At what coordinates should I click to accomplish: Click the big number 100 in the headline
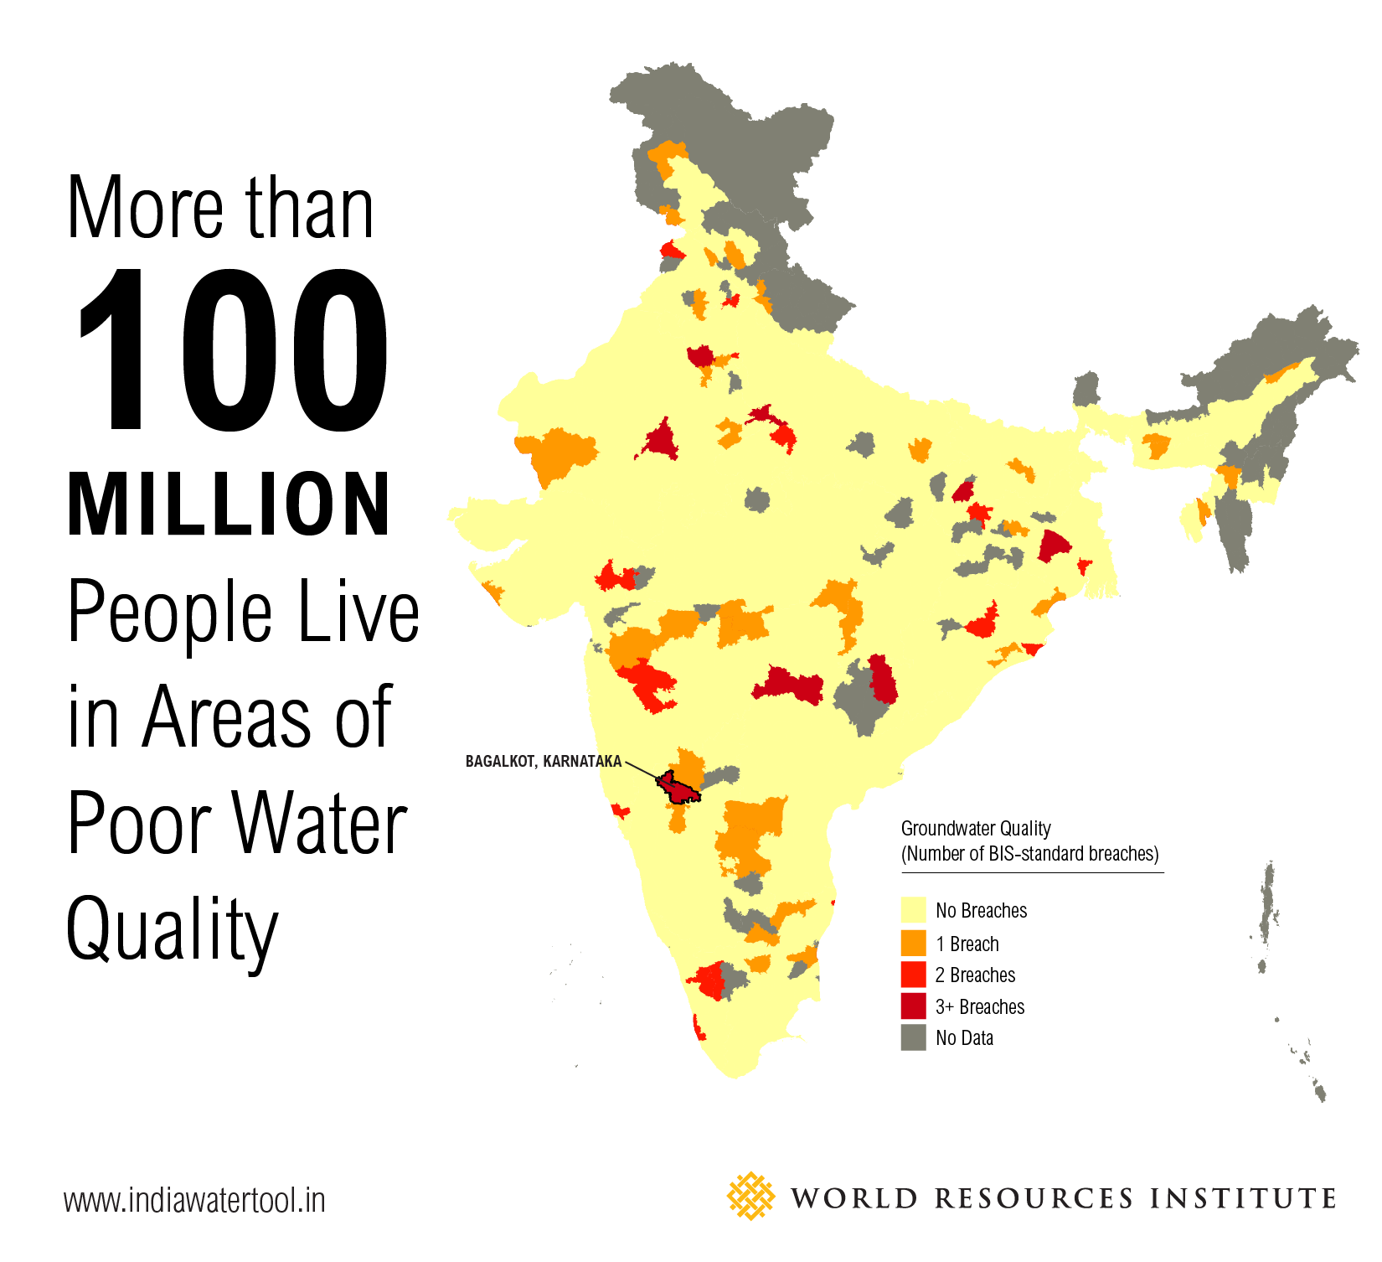tap(233, 350)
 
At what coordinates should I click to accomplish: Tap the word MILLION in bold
tap(229, 506)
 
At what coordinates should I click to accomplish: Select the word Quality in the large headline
tap(172, 928)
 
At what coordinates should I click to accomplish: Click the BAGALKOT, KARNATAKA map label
tap(544, 762)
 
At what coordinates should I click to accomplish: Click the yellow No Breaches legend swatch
tap(913, 911)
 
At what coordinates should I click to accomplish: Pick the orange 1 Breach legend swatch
tap(913, 944)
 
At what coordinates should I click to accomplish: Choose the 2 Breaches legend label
tap(975, 975)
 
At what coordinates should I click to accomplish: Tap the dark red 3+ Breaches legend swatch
tap(913, 1006)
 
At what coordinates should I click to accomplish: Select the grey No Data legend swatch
tap(913, 1038)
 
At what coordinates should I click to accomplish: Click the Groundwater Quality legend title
tap(976, 829)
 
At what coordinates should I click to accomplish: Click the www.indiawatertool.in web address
tap(194, 1201)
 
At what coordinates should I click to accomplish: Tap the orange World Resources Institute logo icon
tap(750, 1196)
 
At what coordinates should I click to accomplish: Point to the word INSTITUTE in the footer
tap(1243, 1198)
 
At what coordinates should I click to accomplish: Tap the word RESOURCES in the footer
tap(1034, 1198)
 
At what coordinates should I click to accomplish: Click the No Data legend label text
tap(964, 1038)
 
